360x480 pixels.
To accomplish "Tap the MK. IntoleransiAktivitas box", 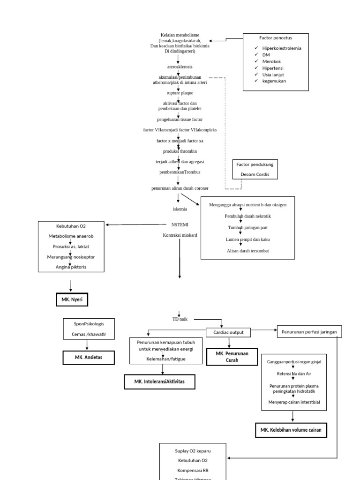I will [x=159, y=382].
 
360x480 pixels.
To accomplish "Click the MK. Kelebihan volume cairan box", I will [x=291, y=430].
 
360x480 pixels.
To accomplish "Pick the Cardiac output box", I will [x=229, y=332].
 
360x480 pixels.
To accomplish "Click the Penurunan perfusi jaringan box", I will [x=309, y=332].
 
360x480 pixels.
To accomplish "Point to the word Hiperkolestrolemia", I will [x=282, y=48].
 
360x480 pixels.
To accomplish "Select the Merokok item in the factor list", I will [x=271, y=61].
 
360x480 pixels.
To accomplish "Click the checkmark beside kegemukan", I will [x=256, y=81].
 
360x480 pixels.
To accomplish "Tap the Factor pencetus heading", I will [x=275, y=37].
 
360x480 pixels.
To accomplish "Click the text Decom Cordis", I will [x=255, y=175].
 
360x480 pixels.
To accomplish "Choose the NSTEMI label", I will [x=180, y=225].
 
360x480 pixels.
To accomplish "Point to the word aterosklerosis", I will [x=180, y=67].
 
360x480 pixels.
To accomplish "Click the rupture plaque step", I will [x=180, y=93].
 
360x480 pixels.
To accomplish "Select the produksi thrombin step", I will [x=180, y=151].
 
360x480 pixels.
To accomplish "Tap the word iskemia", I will [x=180, y=209].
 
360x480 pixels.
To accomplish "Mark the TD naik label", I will [x=180, y=319].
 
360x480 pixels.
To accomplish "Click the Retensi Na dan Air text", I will [x=292, y=374].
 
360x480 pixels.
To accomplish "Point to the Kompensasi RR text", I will [x=193, y=470].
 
